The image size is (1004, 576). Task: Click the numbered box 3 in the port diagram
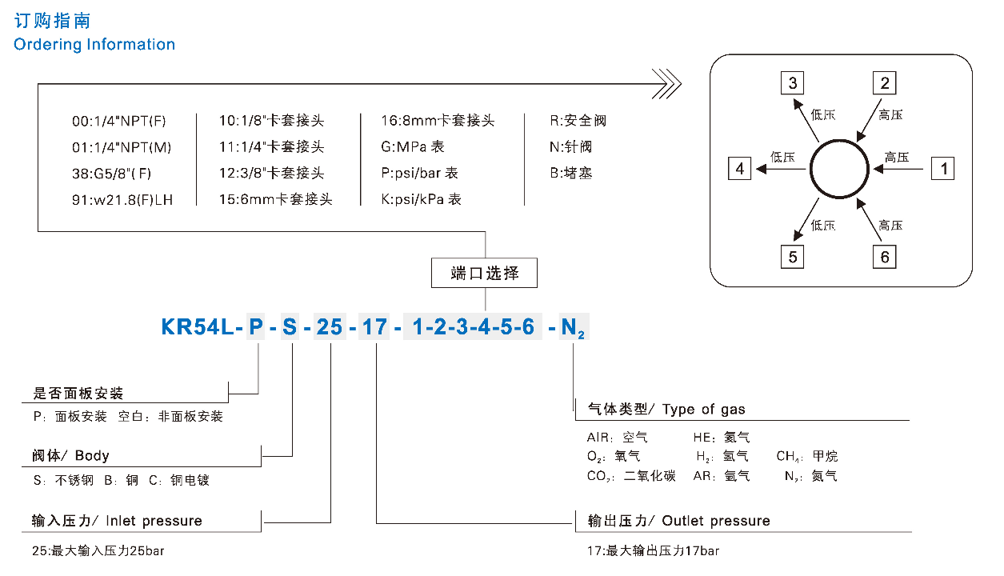coord(793,83)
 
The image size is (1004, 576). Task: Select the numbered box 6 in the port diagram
coord(884,257)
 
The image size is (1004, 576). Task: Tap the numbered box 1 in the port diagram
coord(943,169)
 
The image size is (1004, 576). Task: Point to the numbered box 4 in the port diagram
coord(740,169)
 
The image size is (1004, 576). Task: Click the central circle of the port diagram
coord(839,169)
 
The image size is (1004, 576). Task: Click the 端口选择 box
coord(485,274)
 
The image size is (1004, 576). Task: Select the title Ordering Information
coord(94,45)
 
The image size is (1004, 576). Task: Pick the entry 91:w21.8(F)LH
coord(122,200)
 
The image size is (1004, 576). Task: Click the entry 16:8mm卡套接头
coord(438,122)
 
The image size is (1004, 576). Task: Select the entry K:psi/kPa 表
coord(422,200)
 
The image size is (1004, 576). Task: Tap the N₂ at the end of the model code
coord(572,328)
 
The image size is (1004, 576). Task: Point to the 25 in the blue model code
coord(330,327)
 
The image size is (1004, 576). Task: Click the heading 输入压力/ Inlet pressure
coord(117,521)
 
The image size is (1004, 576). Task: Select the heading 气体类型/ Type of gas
coord(666,410)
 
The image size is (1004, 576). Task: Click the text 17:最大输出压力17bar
coord(653,551)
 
